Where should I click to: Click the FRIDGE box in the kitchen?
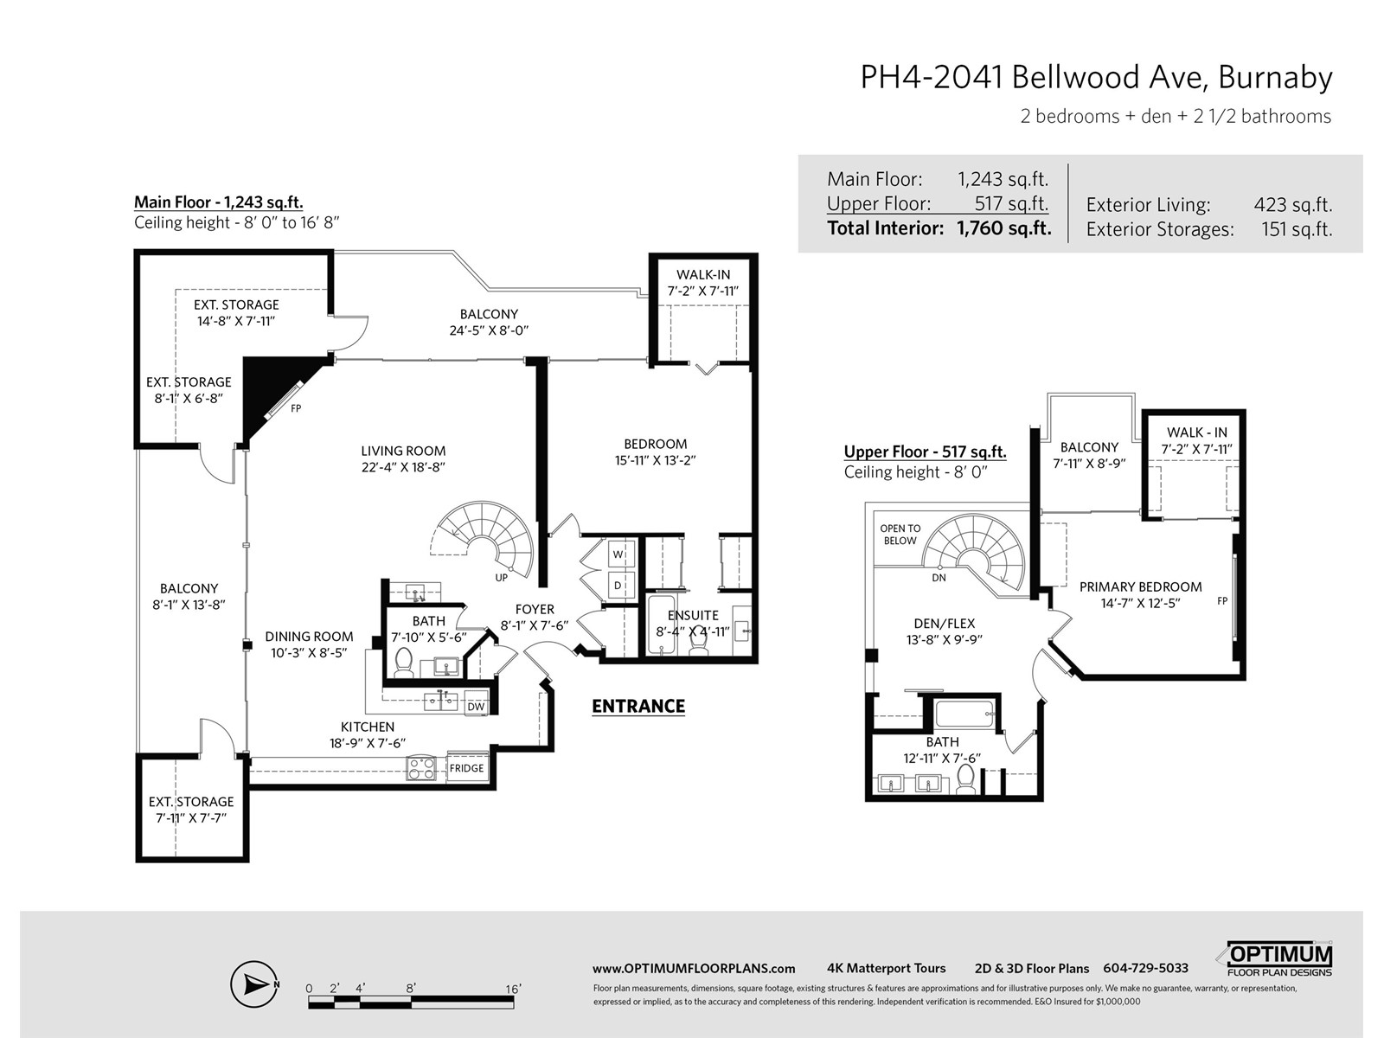tap(467, 767)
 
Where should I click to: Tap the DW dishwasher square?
tap(476, 706)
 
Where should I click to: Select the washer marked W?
tap(618, 554)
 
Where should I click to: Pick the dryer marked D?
tap(618, 585)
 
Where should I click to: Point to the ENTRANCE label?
tap(638, 705)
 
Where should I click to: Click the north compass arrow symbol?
tap(254, 984)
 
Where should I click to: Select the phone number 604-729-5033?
tap(1145, 968)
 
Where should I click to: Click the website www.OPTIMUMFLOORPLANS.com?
tap(694, 969)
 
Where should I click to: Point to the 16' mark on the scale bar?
tap(513, 989)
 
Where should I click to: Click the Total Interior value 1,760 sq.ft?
tap(1003, 228)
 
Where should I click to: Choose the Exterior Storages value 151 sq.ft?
tap(1297, 229)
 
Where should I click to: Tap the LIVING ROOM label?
tap(403, 451)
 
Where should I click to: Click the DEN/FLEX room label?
tap(944, 624)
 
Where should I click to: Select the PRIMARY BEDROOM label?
tap(1141, 586)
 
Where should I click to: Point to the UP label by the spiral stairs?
tap(501, 577)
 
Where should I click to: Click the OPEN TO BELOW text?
tap(900, 535)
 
